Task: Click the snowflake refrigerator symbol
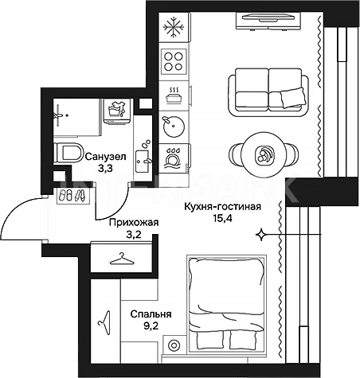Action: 174,27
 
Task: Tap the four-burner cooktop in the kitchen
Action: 174,61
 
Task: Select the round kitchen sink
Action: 174,127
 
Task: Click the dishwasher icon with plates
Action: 174,158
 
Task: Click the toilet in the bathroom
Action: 68,153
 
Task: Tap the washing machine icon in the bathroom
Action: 117,111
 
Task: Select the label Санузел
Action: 105,157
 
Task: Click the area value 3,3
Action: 105,168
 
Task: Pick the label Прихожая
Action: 134,223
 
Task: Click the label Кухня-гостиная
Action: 223,207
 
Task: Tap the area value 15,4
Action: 222,219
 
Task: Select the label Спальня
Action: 151,314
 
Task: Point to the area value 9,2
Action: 151,326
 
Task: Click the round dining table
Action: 263,154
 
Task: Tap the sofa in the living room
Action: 268,92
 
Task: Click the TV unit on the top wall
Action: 268,21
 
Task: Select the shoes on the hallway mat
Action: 72,196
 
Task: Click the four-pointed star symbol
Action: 261,235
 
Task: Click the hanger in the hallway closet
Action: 122,259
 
